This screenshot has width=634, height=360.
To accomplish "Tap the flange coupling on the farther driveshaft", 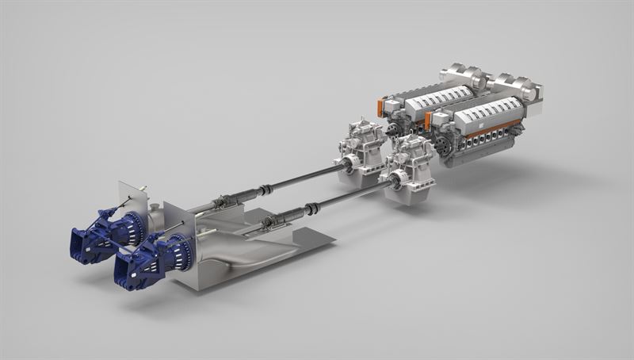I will click(267, 189).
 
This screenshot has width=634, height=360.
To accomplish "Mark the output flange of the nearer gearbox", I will click(391, 182).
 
